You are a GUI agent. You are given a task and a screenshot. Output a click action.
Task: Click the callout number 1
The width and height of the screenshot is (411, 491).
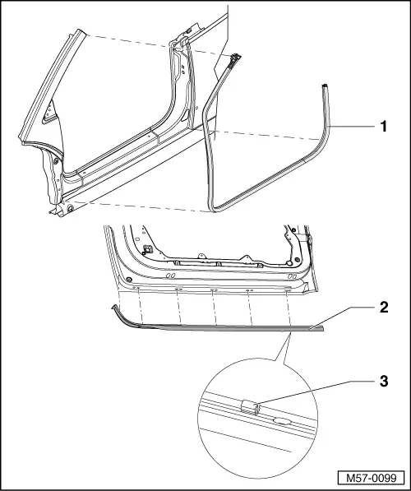point(382,127)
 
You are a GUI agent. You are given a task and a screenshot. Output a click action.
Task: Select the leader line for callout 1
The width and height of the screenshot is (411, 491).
point(354,127)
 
